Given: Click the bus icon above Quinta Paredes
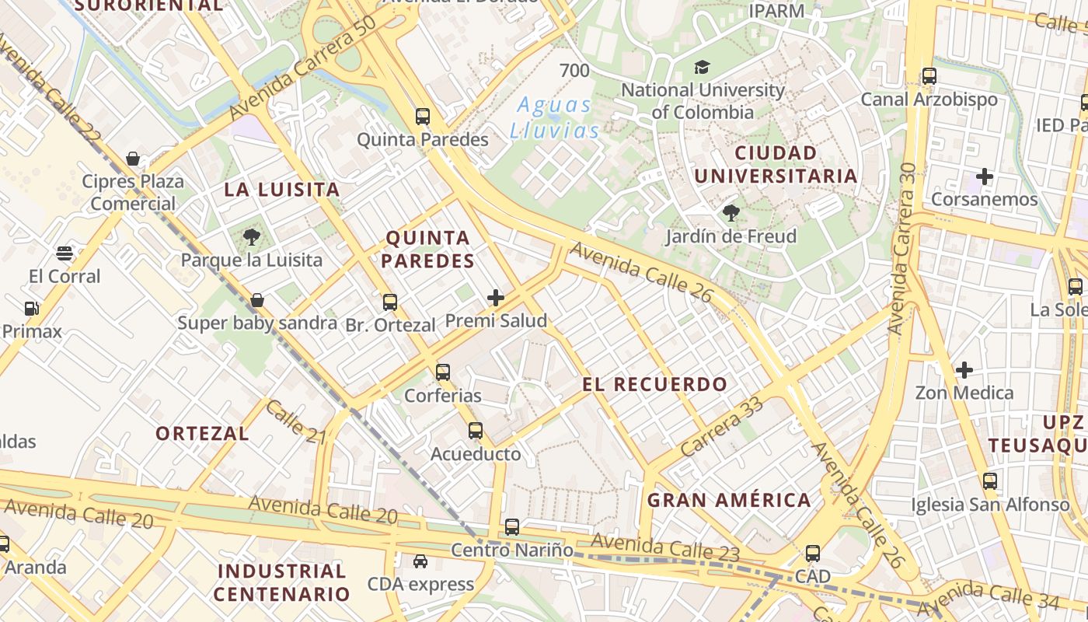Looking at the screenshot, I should coord(423,117).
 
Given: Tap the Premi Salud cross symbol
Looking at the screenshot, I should coord(496,298).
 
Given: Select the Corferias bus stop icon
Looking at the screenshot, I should coord(443,372).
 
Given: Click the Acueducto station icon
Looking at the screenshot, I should coord(476,430).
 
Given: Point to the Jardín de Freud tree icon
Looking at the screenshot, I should coord(731,213).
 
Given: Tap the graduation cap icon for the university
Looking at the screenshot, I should coord(702,67).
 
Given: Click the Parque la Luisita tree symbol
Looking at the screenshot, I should coord(251,236).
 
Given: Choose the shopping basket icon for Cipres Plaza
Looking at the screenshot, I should coord(134,159).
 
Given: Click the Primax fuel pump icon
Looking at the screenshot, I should coord(31,309).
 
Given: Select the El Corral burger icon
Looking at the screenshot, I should coord(65,253).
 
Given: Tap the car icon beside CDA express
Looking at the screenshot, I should coord(420,561).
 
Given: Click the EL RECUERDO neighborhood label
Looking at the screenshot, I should coord(654,384).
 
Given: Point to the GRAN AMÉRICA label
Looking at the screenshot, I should coord(729,500).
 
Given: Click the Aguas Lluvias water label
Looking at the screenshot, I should coord(554,117).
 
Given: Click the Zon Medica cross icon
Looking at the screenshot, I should coord(964,370).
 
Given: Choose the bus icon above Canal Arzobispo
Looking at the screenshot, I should coord(929,76).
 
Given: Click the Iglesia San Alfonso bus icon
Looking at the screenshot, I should coord(990,481).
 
